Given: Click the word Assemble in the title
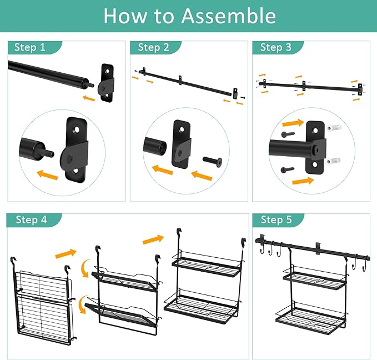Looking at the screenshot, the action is (228, 16).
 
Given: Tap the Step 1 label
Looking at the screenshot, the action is (30, 47).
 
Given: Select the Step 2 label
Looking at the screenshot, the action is (153, 47).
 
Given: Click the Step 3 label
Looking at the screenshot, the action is (276, 47).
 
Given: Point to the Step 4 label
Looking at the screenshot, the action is (31, 219).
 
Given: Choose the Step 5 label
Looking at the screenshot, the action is (276, 219).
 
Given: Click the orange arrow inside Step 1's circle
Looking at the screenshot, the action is (47, 174).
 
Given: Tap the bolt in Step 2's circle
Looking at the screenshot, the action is (213, 162).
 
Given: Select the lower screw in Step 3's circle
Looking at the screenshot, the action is (287, 170).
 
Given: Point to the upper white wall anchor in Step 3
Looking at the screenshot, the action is (334, 127).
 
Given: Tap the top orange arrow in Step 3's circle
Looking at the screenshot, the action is (293, 123).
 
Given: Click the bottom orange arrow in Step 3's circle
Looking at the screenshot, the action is (303, 181).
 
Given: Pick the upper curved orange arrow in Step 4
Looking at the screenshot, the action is (84, 268).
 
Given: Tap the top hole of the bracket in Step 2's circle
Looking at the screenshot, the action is (182, 129).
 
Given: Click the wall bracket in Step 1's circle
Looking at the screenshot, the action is (75, 150).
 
